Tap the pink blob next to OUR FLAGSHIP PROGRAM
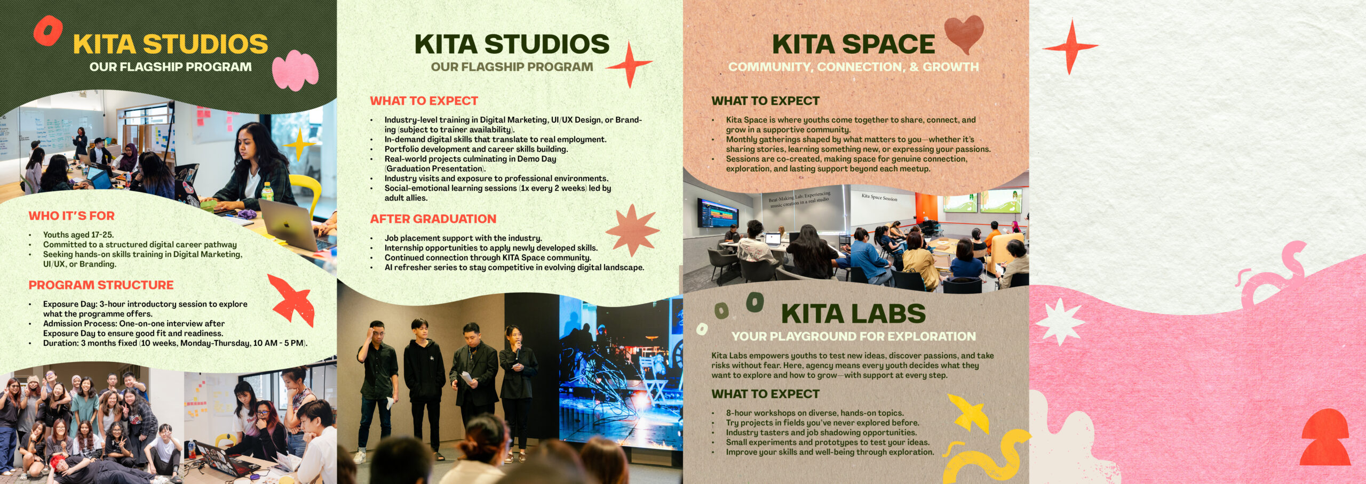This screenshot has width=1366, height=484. click(x=295, y=70)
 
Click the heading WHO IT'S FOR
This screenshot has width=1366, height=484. click(x=72, y=216)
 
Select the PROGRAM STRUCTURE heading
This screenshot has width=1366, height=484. click(x=101, y=285)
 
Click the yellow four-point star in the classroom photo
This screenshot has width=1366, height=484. click(x=299, y=144)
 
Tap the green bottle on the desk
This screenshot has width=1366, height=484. click(x=267, y=192)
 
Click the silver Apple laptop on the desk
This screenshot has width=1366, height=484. click(x=291, y=224)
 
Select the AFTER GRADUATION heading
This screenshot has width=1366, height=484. click(x=433, y=219)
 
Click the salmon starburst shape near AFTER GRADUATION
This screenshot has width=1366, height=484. click(x=633, y=230)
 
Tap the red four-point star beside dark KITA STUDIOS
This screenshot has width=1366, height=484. click(x=630, y=64)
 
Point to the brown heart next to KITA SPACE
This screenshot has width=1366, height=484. click(x=964, y=33)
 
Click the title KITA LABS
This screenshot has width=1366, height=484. click(x=853, y=313)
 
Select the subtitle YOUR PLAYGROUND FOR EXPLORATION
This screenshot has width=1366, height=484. click(x=853, y=336)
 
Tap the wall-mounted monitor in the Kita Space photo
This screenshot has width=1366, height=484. click(x=718, y=212)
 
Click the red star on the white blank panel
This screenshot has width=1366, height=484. click(x=1070, y=47)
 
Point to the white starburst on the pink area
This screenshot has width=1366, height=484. click(x=1060, y=321)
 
